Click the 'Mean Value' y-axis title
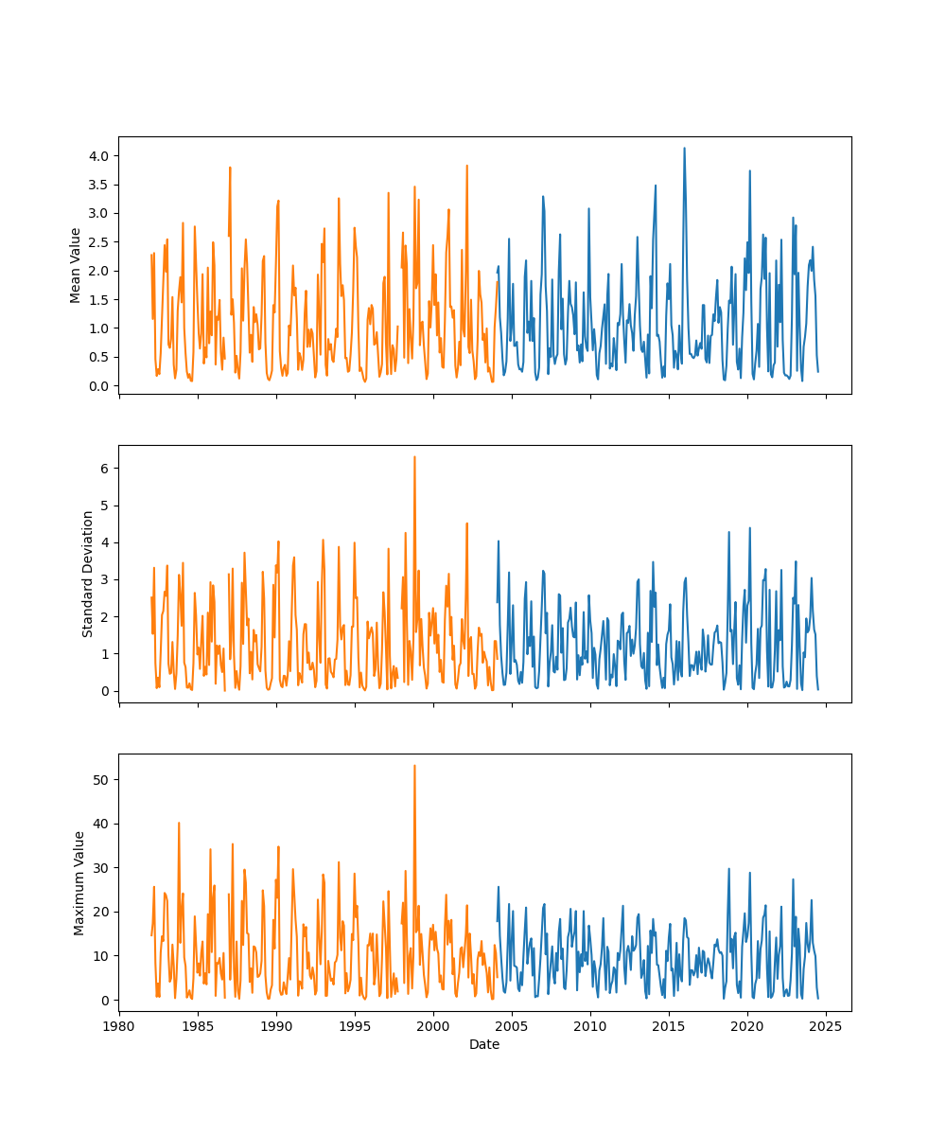76,265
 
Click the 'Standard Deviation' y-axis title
88,574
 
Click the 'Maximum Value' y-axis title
79,882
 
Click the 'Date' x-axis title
484,1044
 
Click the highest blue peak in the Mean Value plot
684,148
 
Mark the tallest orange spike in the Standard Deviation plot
414,457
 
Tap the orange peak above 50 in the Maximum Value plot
414,766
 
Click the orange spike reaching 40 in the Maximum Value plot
179,823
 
